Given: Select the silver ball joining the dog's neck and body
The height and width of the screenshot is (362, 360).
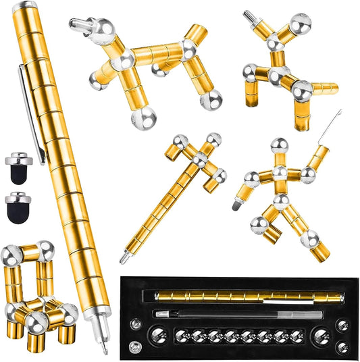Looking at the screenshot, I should pos(124,63).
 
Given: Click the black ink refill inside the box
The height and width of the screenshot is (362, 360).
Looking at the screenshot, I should pos(223,313).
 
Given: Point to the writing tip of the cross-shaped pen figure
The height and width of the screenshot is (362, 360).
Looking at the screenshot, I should pos(124,259).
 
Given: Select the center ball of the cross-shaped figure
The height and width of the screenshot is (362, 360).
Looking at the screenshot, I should pos(200,159).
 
